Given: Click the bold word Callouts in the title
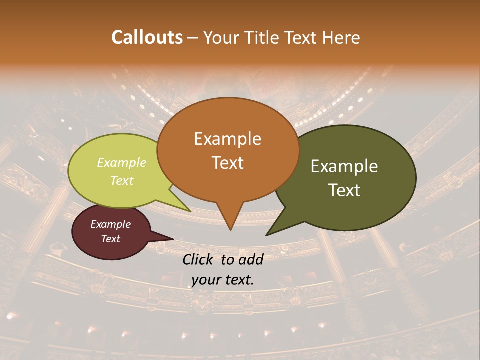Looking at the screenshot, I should pos(147,37).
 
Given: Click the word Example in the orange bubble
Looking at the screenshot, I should pos(228,139).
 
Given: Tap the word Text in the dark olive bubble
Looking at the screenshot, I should pos(345,190).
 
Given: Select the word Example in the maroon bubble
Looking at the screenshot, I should pos(111,224).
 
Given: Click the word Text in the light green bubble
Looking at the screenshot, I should pos(122,180).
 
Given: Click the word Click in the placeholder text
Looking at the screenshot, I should pos(199,259).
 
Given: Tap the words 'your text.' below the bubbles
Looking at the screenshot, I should pos(223,280).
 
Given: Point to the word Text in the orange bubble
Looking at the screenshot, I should pos(228,163).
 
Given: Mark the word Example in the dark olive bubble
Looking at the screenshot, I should pos(344,166).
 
